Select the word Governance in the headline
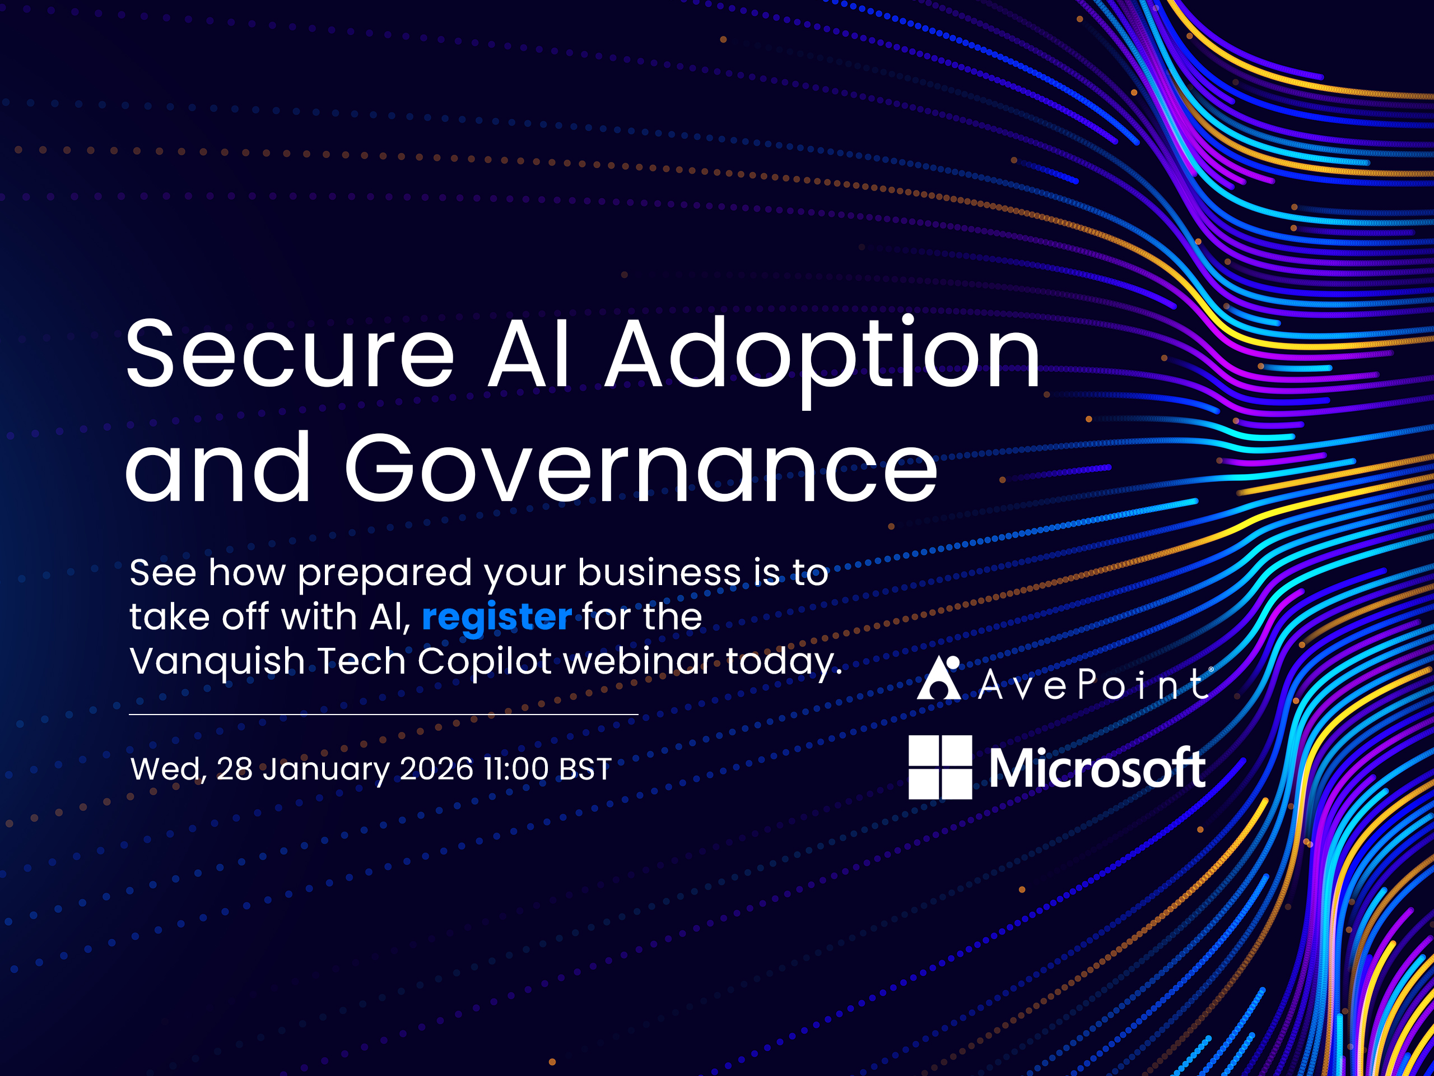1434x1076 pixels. (x=640, y=466)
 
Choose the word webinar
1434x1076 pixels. (x=639, y=661)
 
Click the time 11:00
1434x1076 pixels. (x=516, y=769)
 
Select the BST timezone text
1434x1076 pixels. (x=585, y=769)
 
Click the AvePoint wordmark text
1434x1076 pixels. (x=1093, y=684)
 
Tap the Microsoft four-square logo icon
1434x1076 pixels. (x=940, y=767)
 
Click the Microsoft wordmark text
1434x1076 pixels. (x=1097, y=768)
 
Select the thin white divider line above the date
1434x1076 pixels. (x=384, y=714)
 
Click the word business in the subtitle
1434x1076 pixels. (x=659, y=572)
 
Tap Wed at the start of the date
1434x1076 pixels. (x=169, y=771)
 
